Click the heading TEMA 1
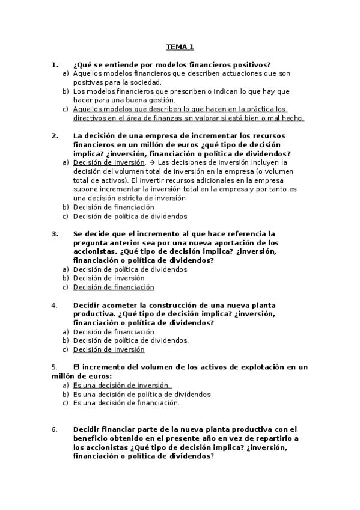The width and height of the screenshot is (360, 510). tap(180, 46)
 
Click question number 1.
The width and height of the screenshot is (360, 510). tap(55, 64)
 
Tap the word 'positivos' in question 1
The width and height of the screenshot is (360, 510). tap(252, 64)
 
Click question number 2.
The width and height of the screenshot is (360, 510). tap(55, 136)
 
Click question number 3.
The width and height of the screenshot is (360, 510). tap(55, 233)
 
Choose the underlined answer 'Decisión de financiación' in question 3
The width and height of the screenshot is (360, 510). tap(114, 287)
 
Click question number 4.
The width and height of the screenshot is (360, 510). tap(55, 305)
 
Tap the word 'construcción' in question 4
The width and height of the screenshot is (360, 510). tap(156, 305)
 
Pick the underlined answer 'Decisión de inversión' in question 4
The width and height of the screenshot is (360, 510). tap(109, 349)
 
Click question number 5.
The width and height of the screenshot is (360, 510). tap(55, 367)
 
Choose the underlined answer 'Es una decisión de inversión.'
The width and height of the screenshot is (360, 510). tap(123, 386)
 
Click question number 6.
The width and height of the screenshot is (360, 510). tap(55, 429)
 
